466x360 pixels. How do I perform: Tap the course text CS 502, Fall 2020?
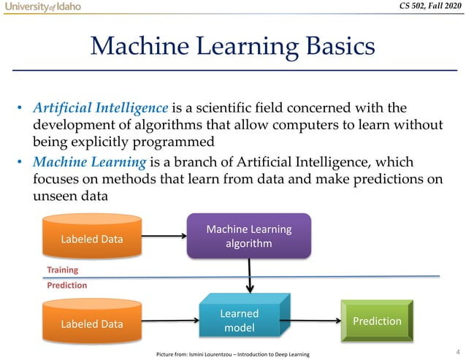[423, 7]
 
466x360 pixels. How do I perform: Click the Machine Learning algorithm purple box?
[249, 236]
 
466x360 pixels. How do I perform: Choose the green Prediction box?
[376, 321]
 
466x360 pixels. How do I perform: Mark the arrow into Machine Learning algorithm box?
[164, 236]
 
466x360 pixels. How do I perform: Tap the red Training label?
[63, 269]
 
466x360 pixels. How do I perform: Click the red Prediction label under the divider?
[67, 286]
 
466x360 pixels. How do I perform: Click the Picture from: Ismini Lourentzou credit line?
[233, 354]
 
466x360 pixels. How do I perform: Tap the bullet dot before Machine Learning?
[22, 161]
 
